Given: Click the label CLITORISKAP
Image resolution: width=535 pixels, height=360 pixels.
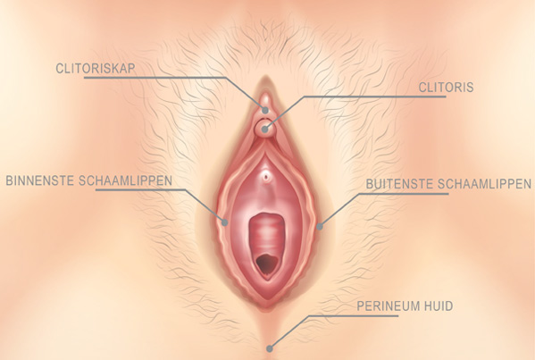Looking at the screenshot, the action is (96, 68).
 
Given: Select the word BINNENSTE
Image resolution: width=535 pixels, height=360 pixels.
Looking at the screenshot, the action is (40, 180).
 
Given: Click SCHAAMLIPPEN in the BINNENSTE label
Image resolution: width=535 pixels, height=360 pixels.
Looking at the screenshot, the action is (125, 180).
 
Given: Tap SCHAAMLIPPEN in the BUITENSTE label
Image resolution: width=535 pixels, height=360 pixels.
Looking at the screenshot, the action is (484, 184).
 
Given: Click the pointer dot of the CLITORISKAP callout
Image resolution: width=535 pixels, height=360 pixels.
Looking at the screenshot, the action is (265, 110).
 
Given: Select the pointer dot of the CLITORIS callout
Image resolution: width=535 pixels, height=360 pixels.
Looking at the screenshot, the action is (264, 130).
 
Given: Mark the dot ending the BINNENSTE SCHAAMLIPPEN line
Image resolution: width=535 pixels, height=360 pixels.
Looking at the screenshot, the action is (224, 222).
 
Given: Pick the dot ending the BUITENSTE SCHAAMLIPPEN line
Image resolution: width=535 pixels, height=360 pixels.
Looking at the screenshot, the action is (320, 226).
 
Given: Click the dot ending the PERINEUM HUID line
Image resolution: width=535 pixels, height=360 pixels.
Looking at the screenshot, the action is (270, 348).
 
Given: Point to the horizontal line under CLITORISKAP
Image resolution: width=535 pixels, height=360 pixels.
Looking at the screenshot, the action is (155, 78).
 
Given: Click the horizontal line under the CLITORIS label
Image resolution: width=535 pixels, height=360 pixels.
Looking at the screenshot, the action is (374, 96).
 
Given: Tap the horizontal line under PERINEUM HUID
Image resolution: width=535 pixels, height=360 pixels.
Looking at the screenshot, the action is (354, 315).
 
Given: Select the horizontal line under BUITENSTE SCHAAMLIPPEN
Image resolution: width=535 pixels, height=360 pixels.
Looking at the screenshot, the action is (405, 194).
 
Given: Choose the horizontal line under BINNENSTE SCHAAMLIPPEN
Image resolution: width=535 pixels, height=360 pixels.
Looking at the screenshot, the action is (140, 189).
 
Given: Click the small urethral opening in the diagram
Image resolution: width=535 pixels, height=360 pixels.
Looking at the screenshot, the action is (266, 177).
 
